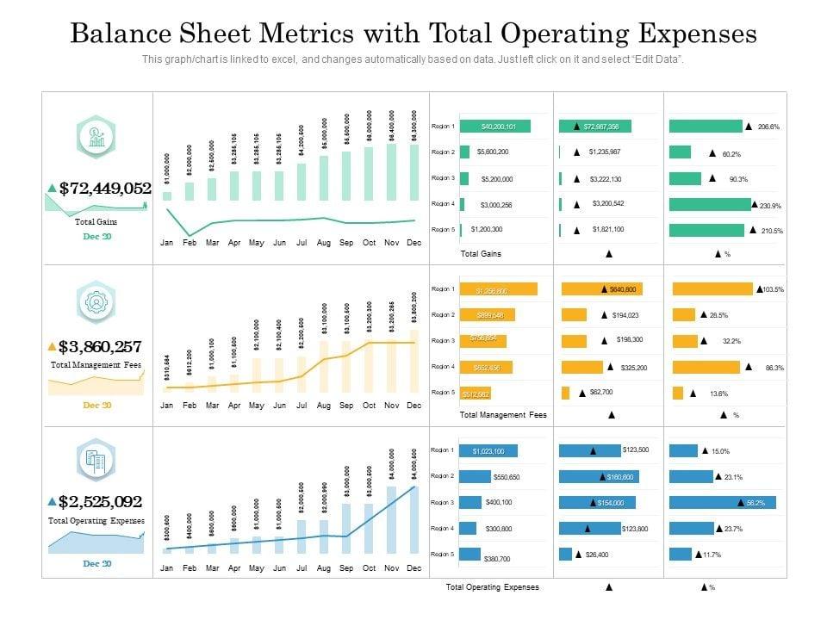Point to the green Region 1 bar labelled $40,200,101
494,127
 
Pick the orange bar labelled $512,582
476,394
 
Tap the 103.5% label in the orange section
773,289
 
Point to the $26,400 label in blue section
598,555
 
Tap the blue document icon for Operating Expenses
96,462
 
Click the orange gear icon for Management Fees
96,302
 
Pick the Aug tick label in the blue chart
324,568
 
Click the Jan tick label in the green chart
167,244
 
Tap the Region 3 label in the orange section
443,341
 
